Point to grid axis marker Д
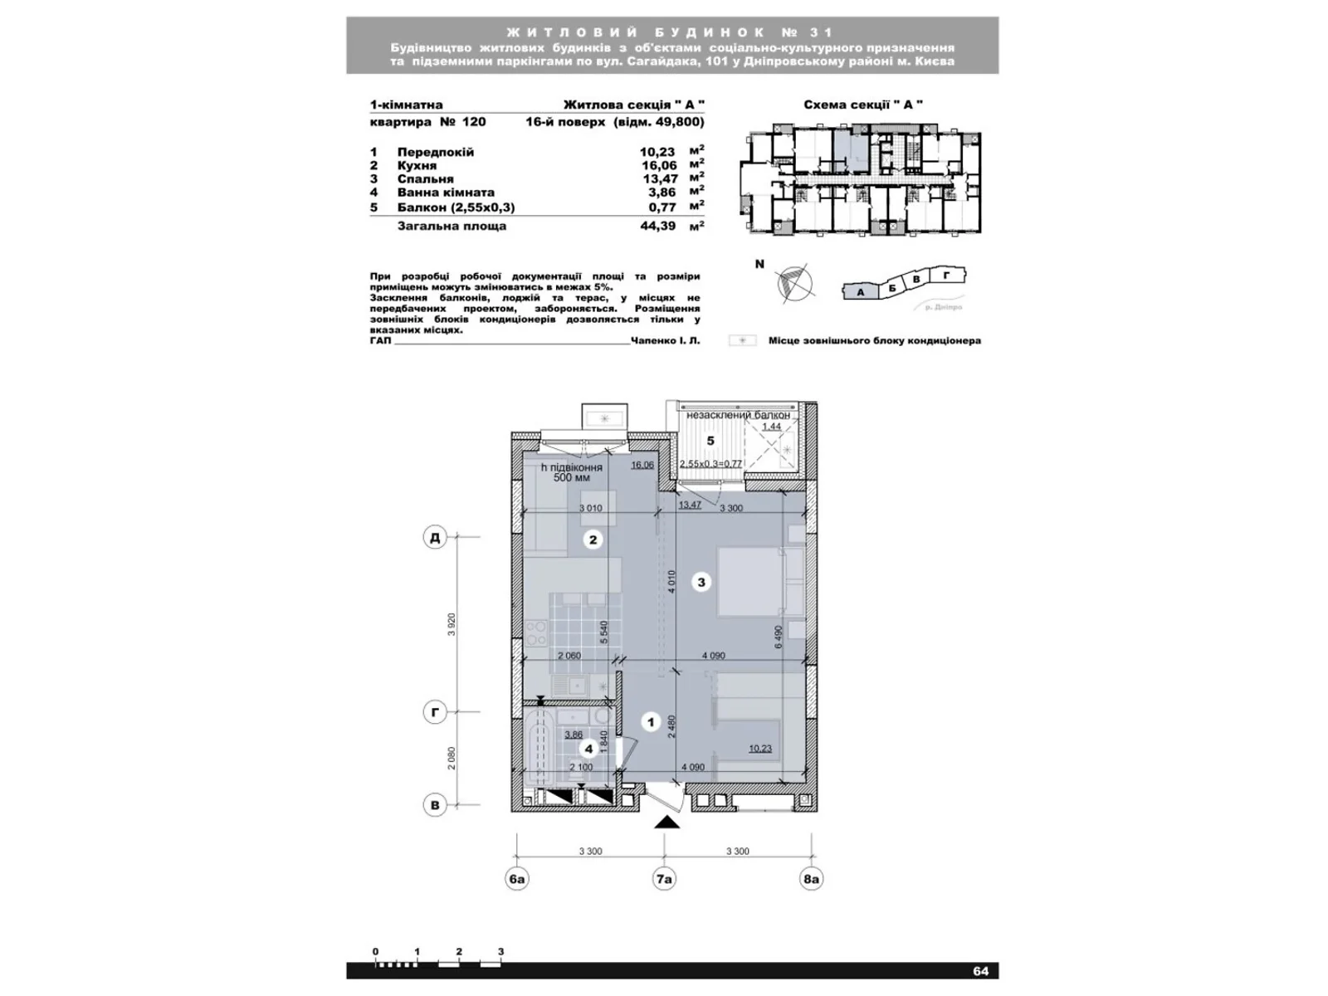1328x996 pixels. click(x=434, y=538)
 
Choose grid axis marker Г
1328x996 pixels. click(x=434, y=712)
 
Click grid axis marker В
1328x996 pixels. click(x=434, y=804)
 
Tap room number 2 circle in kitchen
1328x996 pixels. click(x=593, y=540)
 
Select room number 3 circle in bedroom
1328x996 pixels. click(x=701, y=582)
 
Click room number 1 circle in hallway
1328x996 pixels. click(x=651, y=723)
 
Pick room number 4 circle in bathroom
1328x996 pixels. click(x=588, y=749)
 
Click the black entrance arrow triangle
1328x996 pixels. click(x=667, y=822)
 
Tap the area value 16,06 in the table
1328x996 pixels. click(x=659, y=165)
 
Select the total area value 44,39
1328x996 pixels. click(x=658, y=226)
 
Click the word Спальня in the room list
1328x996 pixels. click(x=425, y=178)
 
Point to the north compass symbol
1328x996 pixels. click(x=795, y=282)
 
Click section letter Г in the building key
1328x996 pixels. click(x=947, y=275)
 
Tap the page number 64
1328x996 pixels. click(x=981, y=971)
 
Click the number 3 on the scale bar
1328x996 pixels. click(x=500, y=952)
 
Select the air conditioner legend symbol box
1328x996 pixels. click(x=743, y=340)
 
